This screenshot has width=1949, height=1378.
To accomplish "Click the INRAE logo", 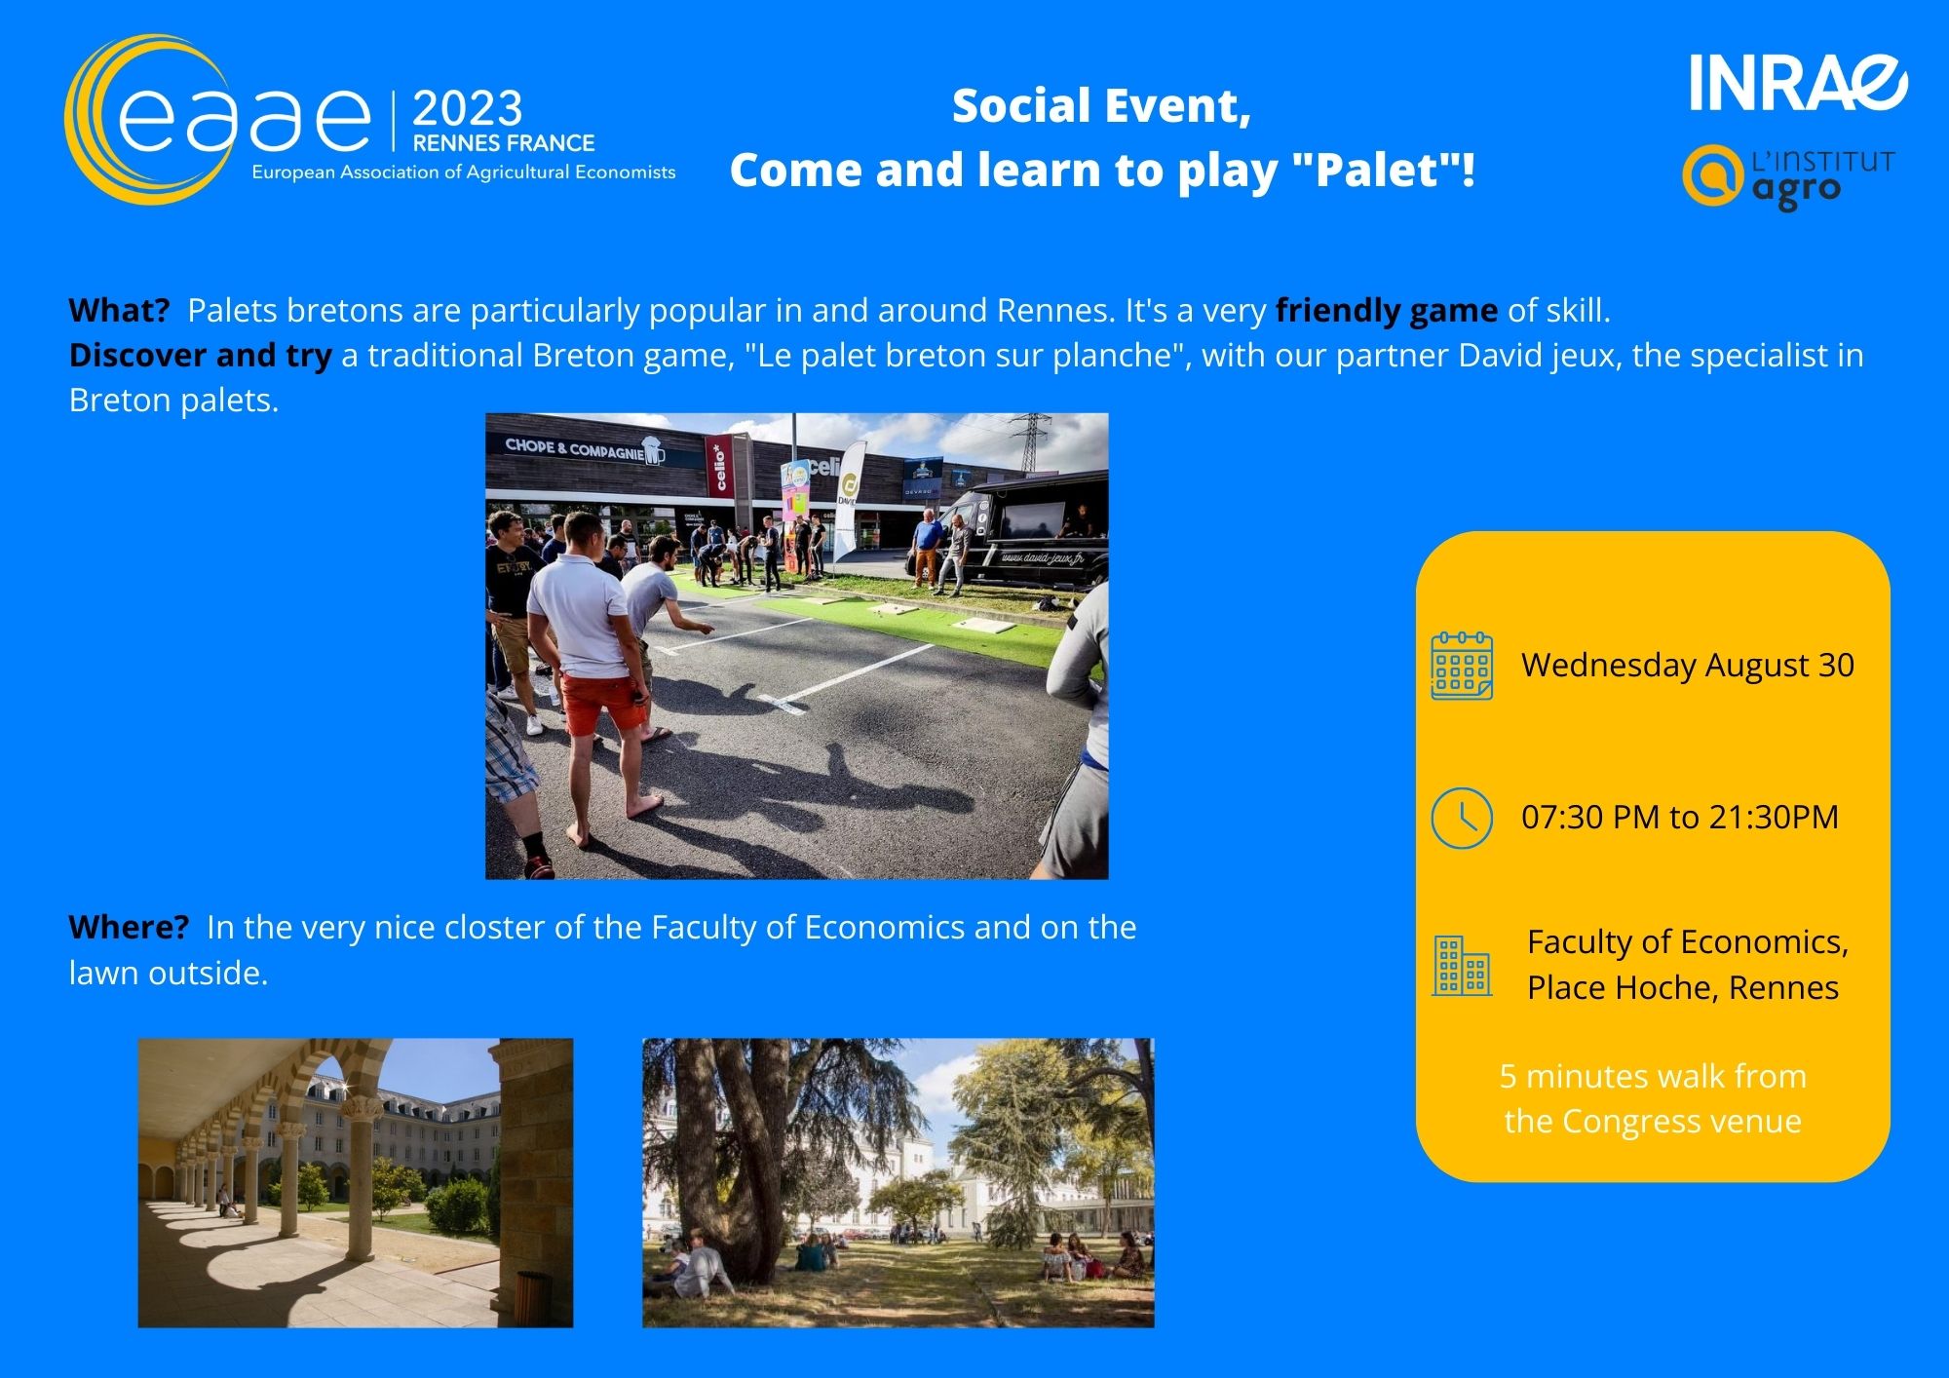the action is click(1798, 82).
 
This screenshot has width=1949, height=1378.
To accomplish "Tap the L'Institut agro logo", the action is click(1789, 176).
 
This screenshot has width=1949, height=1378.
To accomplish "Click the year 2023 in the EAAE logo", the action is click(468, 108).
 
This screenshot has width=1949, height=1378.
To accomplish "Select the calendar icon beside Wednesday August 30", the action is click(1462, 666).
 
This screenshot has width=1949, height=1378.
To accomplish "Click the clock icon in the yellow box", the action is click(1462, 818).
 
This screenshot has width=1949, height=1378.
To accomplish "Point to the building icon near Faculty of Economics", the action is click(1462, 966).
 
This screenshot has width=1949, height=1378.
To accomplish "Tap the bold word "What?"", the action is click(119, 311).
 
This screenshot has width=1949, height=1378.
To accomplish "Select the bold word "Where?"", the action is click(129, 927).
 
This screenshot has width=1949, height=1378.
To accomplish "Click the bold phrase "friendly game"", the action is click(1387, 311).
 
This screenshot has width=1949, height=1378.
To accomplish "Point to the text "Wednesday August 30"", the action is click(1688, 665).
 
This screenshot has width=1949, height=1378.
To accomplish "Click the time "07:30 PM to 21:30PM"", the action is click(1680, 817).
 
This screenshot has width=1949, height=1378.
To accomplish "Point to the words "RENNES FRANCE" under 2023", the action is click(504, 143).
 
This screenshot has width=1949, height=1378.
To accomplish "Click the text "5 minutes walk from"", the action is click(1653, 1076).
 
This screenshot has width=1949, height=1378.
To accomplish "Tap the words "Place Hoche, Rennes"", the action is click(1683, 987).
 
